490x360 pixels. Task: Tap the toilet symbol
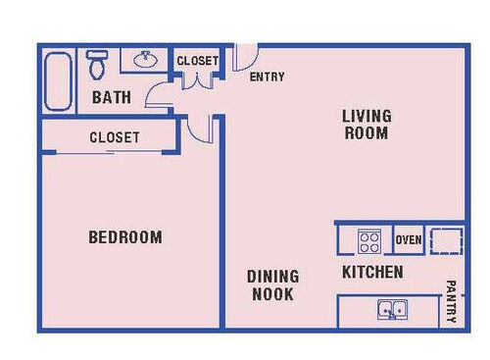tap(96, 65)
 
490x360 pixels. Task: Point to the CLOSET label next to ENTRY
tap(197, 61)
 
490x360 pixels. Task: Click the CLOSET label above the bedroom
tap(114, 137)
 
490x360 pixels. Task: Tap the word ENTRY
tap(268, 77)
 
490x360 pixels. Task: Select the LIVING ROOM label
tap(366, 125)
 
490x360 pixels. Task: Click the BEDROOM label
tap(125, 237)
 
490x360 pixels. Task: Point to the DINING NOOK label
tap(272, 285)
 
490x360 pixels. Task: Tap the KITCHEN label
tap(371, 272)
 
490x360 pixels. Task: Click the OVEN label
tap(408, 239)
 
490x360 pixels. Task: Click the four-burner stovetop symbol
tap(368, 240)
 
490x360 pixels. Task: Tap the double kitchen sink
tap(392, 312)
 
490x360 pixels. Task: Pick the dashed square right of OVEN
tap(446, 239)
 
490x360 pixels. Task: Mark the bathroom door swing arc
tap(157, 94)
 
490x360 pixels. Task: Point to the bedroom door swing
tap(206, 128)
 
